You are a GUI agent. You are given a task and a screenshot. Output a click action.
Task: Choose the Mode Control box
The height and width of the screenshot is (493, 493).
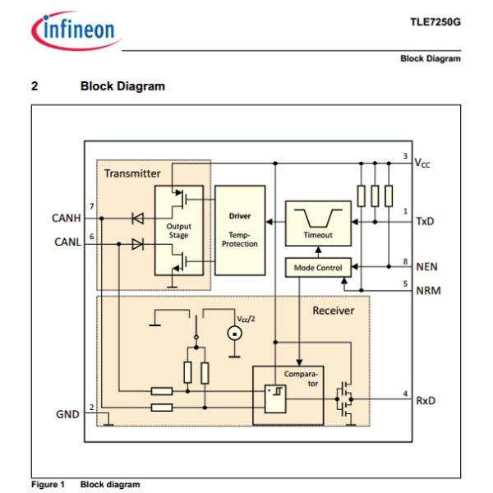(317, 267)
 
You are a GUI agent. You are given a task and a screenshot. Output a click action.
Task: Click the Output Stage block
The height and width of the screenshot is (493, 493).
(178, 230)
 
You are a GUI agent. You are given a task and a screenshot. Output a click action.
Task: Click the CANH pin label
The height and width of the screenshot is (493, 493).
(67, 219)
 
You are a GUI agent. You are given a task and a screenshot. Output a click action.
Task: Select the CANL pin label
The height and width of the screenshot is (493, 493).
(67, 242)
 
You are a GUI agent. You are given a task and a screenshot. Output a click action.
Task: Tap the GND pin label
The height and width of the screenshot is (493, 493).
(68, 414)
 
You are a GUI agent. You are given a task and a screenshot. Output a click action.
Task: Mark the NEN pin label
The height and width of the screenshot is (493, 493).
(428, 267)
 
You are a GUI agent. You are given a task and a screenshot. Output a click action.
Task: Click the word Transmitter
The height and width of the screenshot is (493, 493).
(131, 173)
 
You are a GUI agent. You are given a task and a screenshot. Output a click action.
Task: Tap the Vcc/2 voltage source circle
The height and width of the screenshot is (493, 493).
(233, 334)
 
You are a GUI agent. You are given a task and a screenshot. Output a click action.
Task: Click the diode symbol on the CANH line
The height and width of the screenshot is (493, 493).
(136, 219)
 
